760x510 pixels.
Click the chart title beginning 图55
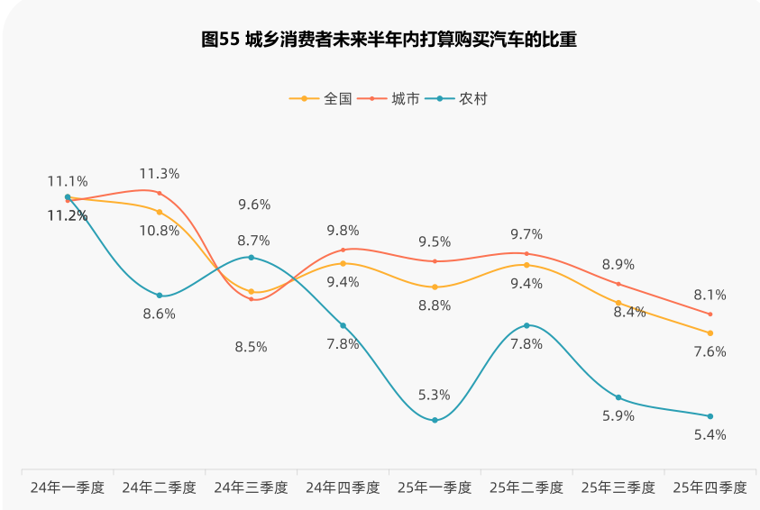click(x=389, y=40)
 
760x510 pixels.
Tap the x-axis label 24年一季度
click(x=68, y=487)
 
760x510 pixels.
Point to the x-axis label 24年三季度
click(x=251, y=487)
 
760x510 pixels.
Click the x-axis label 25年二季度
click(x=527, y=487)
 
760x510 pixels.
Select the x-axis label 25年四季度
click(x=710, y=487)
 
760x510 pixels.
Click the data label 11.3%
click(x=159, y=174)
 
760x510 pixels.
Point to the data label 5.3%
click(x=435, y=395)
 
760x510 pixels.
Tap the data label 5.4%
click(x=710, y=434)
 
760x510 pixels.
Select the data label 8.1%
click(x=710, y=295)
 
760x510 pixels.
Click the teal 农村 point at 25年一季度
click(x=435, y=420)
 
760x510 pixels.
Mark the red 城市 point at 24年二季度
click(x=160, y=193)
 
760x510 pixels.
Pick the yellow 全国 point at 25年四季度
click(x=710, y=333)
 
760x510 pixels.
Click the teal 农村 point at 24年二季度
click(x=160, y=296)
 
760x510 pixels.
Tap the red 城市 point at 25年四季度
click(x=710, y=314)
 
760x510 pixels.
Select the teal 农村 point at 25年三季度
click(x=618, y=397)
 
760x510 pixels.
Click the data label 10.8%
click(x=159, y=231)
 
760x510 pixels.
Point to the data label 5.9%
click(x=618, y=416)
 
